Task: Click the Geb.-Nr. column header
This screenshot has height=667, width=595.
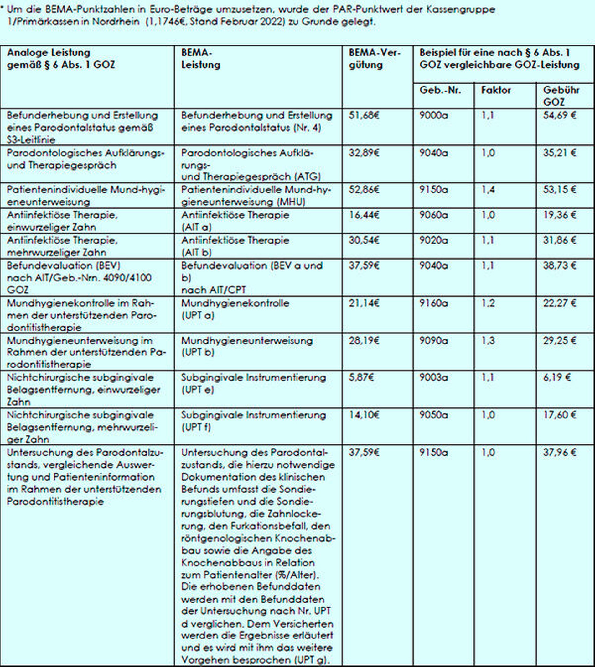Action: click(x=440, y=90)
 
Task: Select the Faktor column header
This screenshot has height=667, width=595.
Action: click(x=496, y=90)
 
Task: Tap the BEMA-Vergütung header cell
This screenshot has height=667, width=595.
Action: click(x=375, y=59)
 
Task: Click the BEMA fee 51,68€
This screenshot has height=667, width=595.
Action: click(x=364, y=116)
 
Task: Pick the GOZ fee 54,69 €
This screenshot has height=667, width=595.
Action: click(x=559, y=116)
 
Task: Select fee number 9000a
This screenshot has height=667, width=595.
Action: click(x=433, y=116)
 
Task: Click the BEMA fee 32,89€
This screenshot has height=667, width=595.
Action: click(x=364, y=153)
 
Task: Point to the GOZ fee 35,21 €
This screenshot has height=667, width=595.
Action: click(x=559, y=153)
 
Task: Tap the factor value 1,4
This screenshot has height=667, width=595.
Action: click(x=488, y=190)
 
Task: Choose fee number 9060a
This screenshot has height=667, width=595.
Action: click(x=433, y=215)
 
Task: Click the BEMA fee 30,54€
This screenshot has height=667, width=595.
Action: click(x=364, y=240)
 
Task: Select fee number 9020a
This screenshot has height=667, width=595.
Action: click(x=433, y=240)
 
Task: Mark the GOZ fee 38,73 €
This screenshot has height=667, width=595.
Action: click(x=559, y=265)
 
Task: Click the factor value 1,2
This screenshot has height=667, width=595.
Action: click(x=488, y=303)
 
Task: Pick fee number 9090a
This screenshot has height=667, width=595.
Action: click(x=433, y=341)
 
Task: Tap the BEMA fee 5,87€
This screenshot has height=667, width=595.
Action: click(x=361, y=377)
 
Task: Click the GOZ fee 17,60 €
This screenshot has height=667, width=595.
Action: click(x=559, y=415)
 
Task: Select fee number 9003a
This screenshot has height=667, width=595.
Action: click(x=433, y=377)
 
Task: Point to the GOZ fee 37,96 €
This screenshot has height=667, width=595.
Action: click(x=559, y=453)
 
